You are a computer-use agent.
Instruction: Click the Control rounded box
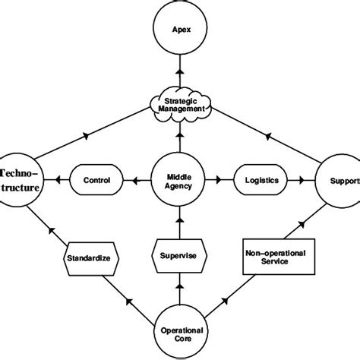pyautogui.click(x=96, y=181)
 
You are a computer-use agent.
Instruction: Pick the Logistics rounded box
pyautogui.click(x=260, y=181)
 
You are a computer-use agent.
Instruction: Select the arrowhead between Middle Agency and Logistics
pyautogui.click(x=219, y=181)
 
